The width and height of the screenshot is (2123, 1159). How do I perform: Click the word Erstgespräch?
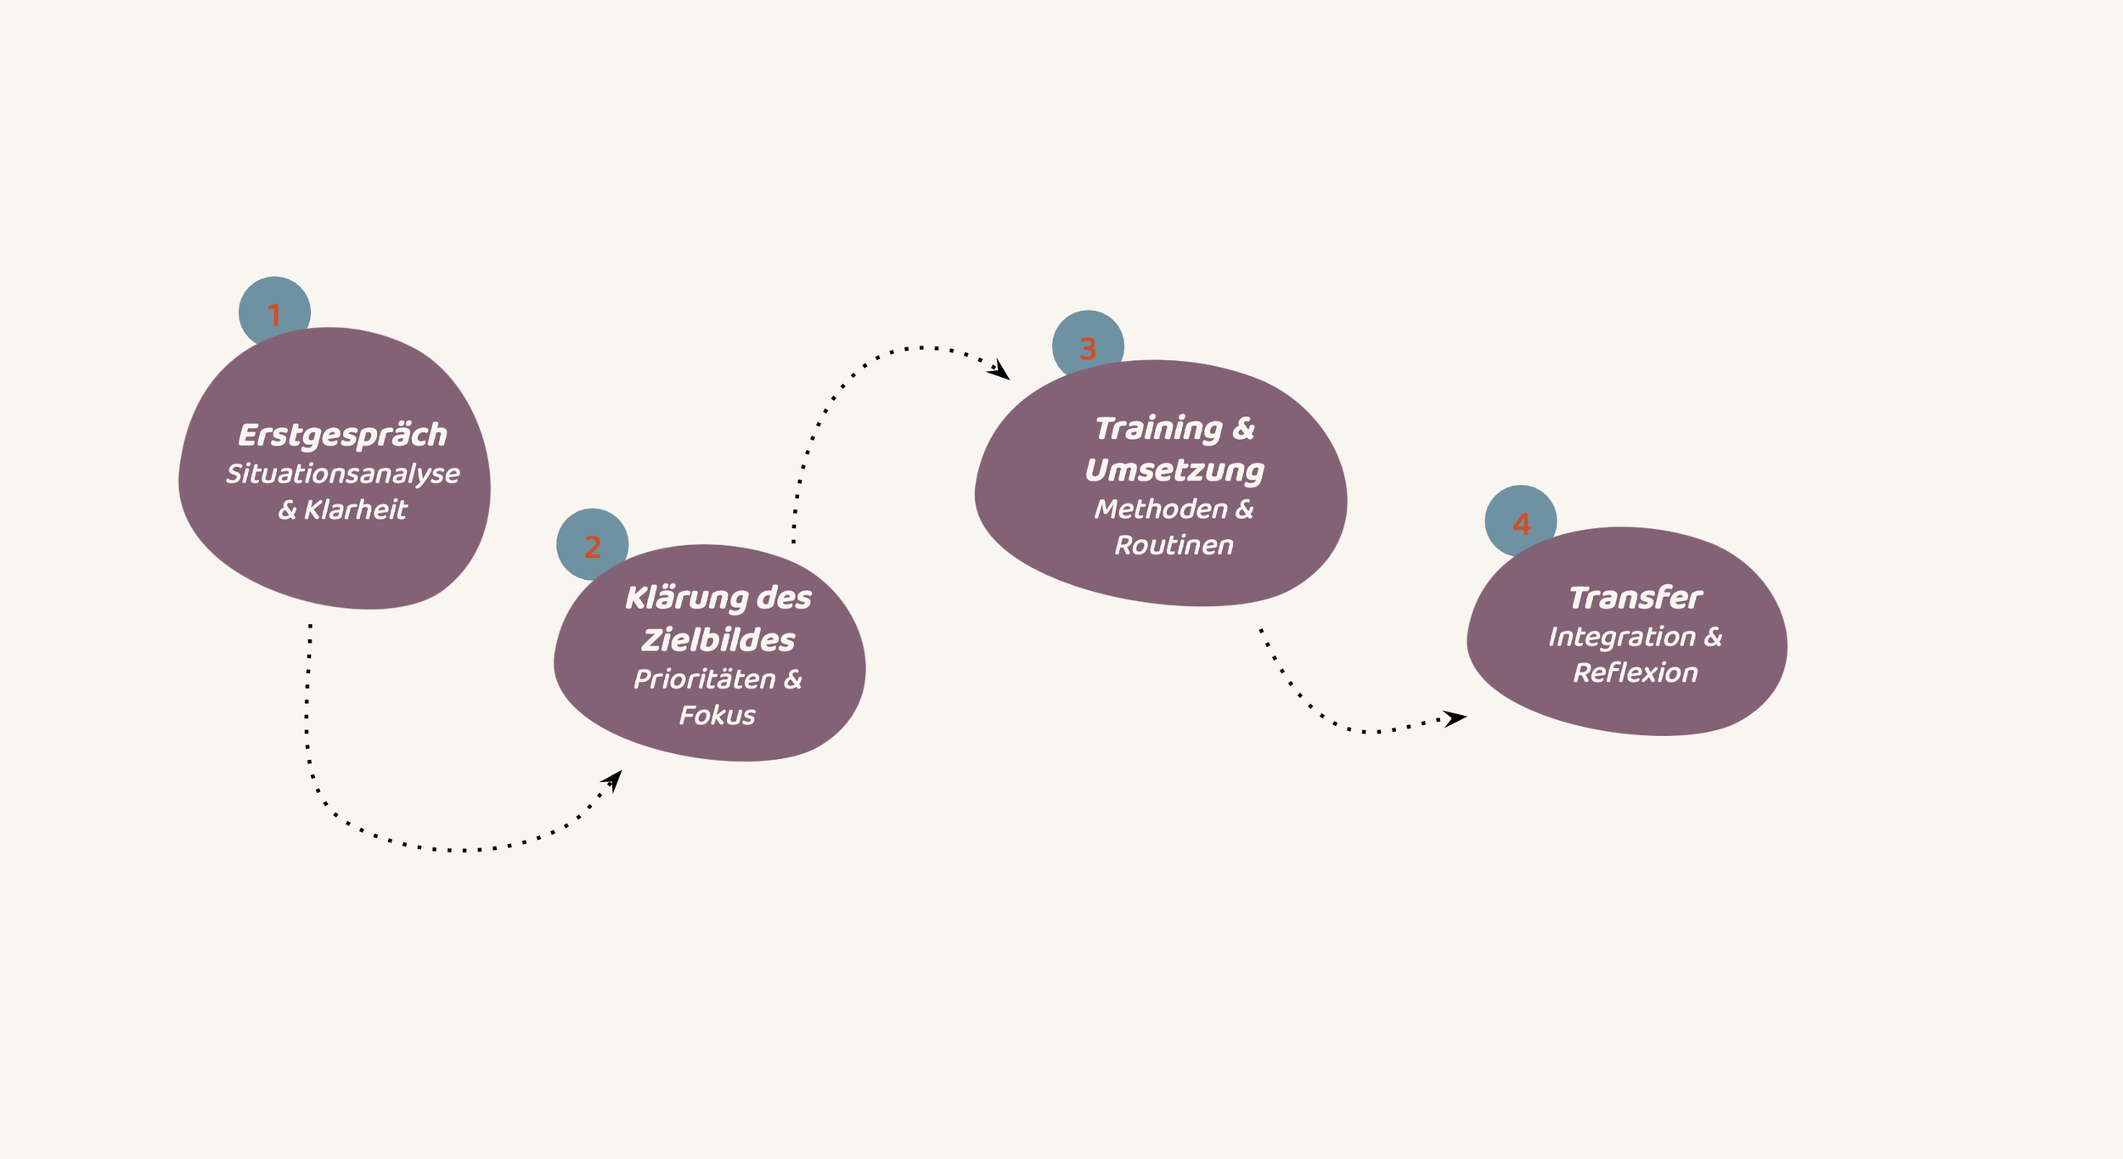pyautogui.click(x=342, y=436)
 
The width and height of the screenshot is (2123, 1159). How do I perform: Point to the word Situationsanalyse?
pyautogui.click(x=342, y=474)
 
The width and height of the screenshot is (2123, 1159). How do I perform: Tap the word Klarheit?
pyautogui.click(x=355, y=509)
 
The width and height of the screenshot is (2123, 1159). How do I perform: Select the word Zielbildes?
pyautogui.click(x=718, y=640)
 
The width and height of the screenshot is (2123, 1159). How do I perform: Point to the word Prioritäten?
pyautogui.click(x=703, y=679)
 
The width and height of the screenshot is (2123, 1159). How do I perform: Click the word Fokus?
pyautogui.click(x=717, y=715)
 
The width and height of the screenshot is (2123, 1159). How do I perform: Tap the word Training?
pyautogui.click(x=1157, y=429)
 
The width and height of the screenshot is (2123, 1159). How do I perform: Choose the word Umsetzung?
pyautogui.click(x=1174, y=470)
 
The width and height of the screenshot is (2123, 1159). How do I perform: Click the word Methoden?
pyautogui.click(x=1160, y=509)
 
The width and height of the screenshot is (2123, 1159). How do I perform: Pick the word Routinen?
pyautogui.click(x=1174, y=545)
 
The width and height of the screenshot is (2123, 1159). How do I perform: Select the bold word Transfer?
pyautogui.click(x=1635, y=599)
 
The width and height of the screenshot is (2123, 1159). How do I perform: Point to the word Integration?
pyautogui.click(x=1622, y=637)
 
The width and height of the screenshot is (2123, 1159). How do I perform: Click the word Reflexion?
pyautogui.click(x=1635, y=672)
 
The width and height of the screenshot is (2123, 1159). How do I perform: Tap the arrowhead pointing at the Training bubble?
pyautogui.click(x=1000, y=370)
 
